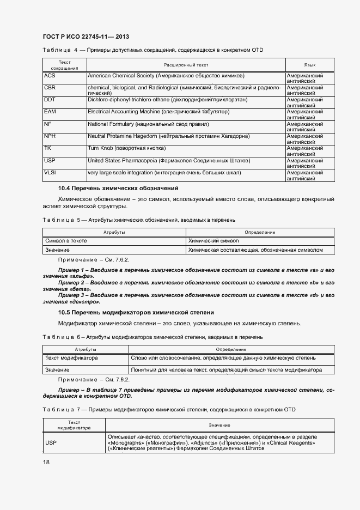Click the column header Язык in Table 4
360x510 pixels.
click(310, 65)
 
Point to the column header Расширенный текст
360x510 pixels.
click(186, 65)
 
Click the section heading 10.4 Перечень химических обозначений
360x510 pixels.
click(118, 188)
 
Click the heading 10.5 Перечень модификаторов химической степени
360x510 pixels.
click(136, 312)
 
